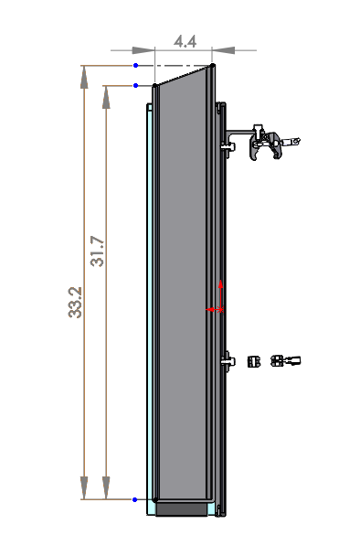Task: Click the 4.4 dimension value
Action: [185, 41]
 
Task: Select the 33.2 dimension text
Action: [75, 302]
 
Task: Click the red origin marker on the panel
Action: [216, 310]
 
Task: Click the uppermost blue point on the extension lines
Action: [135, 66]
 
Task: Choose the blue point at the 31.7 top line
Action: [135, 86]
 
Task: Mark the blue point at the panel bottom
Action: [135, 499]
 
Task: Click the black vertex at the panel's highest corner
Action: [213, 66]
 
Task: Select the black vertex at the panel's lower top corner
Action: [154, 87]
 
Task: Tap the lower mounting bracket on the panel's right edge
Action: [227, 361]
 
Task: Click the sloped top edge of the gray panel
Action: [184, 77]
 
